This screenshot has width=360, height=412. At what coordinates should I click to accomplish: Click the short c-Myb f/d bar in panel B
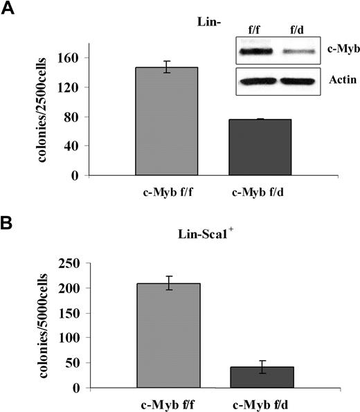point(263,377)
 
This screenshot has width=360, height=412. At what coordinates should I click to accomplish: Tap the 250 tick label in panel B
point(72,263)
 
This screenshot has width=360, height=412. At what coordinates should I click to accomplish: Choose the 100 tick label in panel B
point(72,338)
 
